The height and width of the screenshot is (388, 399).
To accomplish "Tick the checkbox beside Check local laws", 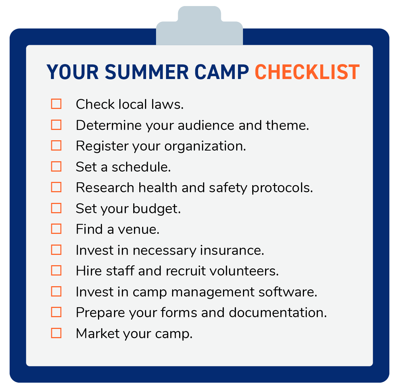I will [x=56, y=104].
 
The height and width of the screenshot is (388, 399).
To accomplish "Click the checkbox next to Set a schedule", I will [x=56, y=167].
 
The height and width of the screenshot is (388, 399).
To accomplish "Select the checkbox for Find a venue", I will [x=56, y=229].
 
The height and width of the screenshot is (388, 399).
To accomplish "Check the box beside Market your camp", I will [x=56, y=333].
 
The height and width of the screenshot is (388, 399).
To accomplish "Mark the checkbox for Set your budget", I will [x=56, y=208].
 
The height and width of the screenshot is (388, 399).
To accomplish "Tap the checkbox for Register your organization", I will [x=56, y=146].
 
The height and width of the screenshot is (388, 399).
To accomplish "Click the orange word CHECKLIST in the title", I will [x=307, y=72].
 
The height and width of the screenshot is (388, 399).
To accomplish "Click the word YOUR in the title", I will [x=73, y=72].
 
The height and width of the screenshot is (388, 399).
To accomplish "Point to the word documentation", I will [x=278, y=313].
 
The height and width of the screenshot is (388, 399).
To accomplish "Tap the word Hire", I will [x=88, y=271].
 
